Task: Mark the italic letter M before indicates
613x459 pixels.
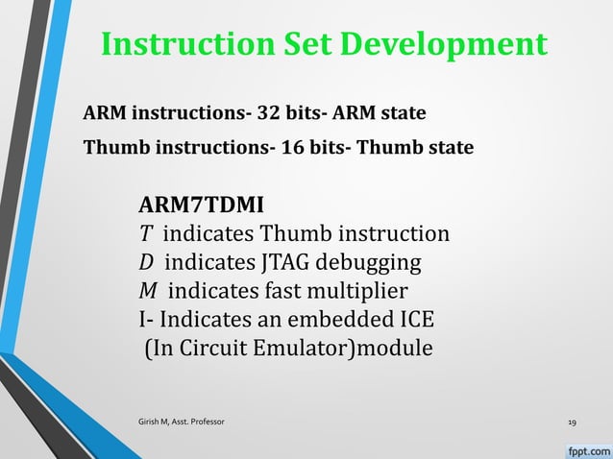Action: (x=150, y=291)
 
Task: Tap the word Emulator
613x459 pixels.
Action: (x=306, y=348)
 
